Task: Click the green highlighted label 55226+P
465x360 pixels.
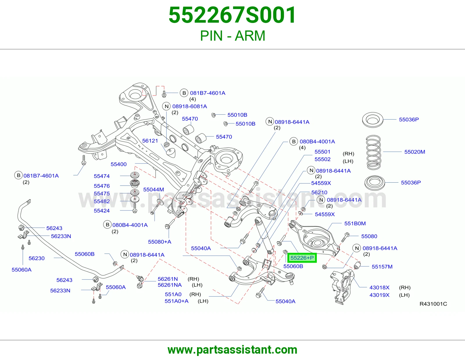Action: point(302,258)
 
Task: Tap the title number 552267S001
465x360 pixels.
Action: point(232,15)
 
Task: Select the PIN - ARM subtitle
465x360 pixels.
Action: point(233,36)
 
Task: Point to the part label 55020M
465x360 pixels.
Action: point(414,152)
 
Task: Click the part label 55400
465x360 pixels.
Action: point(119,164)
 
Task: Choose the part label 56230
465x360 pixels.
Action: point(37,258)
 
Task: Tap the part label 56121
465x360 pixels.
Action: point(150,141)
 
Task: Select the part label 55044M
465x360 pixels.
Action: point(153,189)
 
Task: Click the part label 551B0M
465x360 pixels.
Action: point(355,223)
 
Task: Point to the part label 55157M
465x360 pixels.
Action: point(382,267)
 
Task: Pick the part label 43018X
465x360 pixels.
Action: point(379,287)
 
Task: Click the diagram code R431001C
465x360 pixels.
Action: point(433,304)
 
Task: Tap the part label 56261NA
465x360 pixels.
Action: point(170,285)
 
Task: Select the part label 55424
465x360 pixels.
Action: point(102,210)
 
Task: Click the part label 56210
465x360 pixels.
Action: point(319,192)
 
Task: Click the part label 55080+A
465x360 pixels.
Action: point(160,242)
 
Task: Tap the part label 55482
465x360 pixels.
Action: point(102,201)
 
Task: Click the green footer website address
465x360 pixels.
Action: point(233,350)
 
